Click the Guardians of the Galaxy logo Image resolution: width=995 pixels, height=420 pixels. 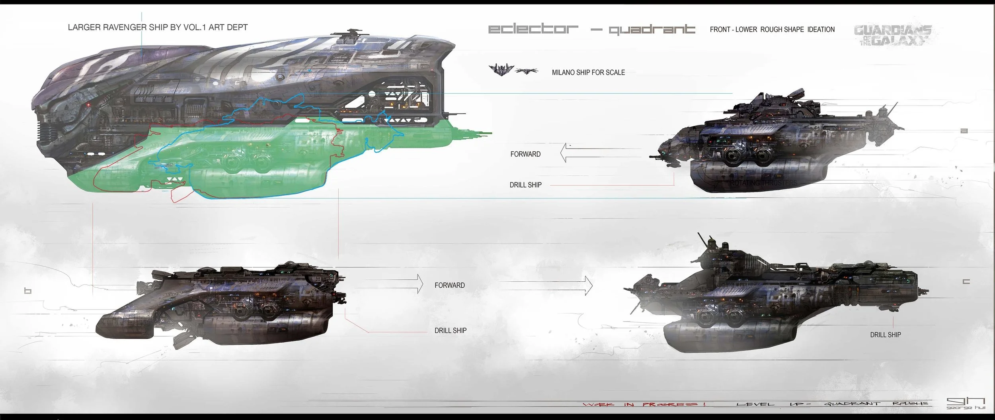(x=892, y=35)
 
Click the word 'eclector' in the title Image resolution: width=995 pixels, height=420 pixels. (x=533, y=29)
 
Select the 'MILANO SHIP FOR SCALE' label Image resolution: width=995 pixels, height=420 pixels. (x=588, y=73)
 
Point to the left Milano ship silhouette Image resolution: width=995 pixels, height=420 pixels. (x=501, y=70)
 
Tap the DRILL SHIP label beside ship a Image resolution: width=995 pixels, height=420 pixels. (x=525, y=185)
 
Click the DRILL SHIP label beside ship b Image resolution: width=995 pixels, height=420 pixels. (x=450, y=330)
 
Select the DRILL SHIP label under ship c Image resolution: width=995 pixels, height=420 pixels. (x=886, y=335)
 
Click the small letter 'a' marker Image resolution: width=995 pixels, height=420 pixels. (x=964, y=131)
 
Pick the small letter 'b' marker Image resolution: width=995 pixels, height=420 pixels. (x=27, y=291)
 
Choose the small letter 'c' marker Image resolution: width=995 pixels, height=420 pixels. (x=966, y=281)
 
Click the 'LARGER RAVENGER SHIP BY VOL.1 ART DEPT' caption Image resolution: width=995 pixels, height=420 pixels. (x=158, y=27)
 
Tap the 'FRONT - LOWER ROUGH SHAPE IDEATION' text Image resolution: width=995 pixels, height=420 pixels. (x=772, y=29)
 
